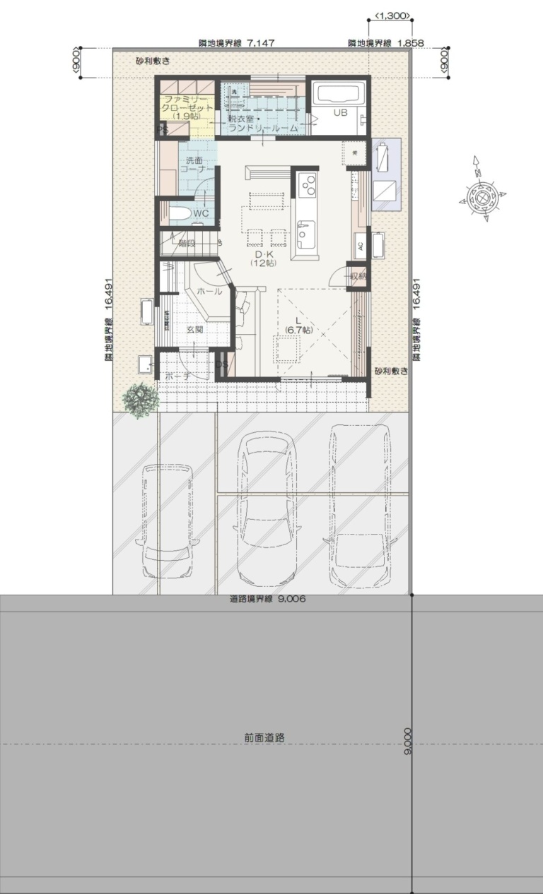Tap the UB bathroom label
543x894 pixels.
tap(340, 113)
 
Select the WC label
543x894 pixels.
tap(200, 213)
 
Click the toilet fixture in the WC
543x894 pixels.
tap(178, 213)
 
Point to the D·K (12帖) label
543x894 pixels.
tap(262, 258)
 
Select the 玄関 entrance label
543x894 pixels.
tap(195, 329)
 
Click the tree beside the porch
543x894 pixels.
tap(140, 400)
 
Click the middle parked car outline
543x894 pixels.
tap(267, 507)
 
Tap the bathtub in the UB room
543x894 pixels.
tap(338, 95)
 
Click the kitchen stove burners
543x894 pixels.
tap(309, 185)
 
